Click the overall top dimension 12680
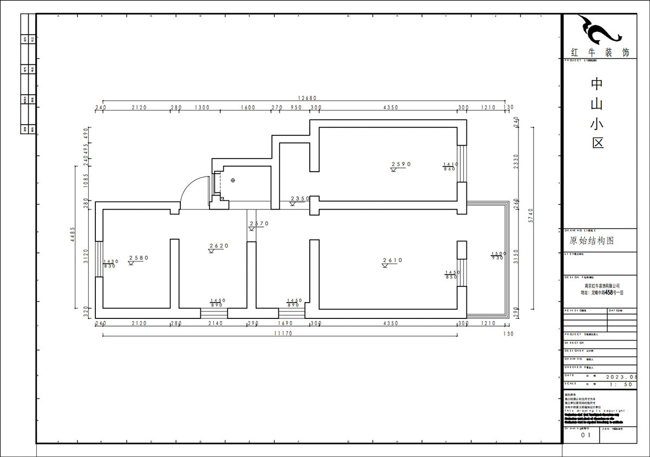306,98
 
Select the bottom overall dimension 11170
282,334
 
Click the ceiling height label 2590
402,164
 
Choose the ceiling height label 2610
392,260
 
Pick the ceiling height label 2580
138,258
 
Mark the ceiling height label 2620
219,246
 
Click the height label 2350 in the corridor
300,199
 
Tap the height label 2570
258,224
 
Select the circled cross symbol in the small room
232,180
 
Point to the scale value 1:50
620,384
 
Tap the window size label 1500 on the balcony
497,253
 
